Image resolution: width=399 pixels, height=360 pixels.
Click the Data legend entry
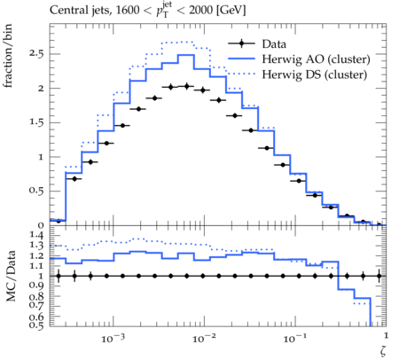(x=274, y=43)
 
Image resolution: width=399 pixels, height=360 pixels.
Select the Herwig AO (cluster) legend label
(x=316, y=59)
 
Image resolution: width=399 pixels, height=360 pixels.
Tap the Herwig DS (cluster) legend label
(x=315, y=74)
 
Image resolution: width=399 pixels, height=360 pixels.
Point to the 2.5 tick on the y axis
(x=36, y=54)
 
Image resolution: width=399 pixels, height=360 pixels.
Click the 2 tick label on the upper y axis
(x=41, y=89)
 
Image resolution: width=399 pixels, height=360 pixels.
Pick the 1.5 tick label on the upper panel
(x=36, y=122)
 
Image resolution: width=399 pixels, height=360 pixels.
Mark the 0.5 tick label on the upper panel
(x=36, y=191)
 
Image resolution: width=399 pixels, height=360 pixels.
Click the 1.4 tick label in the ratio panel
(x=36, y=235)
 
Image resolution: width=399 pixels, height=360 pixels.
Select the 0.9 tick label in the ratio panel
(x=36, y=286)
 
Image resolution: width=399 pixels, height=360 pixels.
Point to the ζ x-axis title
(x=383, y=351)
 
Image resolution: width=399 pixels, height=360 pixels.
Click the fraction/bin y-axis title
(x=8, y=56)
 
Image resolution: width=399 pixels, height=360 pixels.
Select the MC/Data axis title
(x=11, y=276)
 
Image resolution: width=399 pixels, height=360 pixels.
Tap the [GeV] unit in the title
(x=231, y=11)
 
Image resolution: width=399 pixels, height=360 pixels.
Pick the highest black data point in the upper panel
(x=186, y=86)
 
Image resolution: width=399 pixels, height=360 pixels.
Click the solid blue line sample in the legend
(x=241, y=59)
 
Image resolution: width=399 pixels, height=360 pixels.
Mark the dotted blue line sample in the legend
(x=241, y=74)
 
